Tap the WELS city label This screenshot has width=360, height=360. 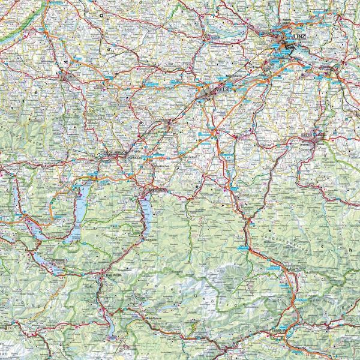(x=222, y=88)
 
